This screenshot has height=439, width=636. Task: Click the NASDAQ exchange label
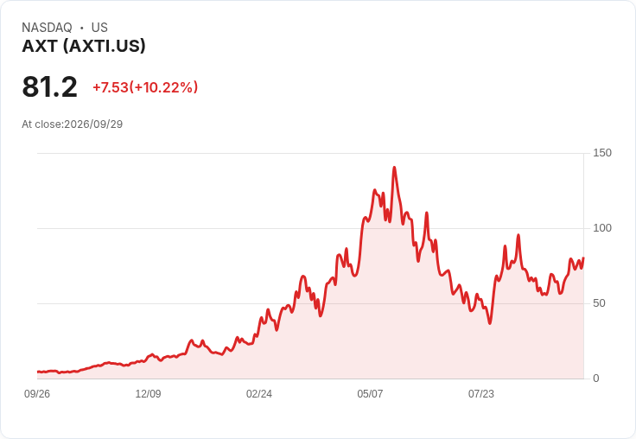click(x=47, y=28)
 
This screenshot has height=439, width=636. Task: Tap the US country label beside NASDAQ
click(x=99, y=28)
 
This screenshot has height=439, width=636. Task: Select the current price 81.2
click(x=49, y=86)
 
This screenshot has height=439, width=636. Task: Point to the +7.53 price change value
click(x=111, y=87)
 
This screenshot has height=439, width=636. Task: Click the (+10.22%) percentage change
click(x=163, y=87)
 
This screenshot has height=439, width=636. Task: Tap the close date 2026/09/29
click(x=93, y=124)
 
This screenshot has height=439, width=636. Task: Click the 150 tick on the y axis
click(x=602, y=153)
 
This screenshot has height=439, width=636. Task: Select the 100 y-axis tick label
click(x=602, y=228)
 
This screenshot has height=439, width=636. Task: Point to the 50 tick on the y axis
click(x=599, y=303)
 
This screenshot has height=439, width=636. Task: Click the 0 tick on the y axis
click(x=596, y=379)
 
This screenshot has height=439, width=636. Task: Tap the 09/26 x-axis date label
click(x=37, y=394)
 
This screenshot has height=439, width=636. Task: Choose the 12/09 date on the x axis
click(x=148, y=394)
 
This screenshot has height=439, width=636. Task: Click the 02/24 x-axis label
click(x=259, y=394)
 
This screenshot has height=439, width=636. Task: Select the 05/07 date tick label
click(x=370, y=394)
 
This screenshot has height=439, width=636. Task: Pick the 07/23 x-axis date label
click(x=481, y=394)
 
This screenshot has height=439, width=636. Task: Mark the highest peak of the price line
click(x=394, y=167)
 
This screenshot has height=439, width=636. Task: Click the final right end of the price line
click(x=583, y=258)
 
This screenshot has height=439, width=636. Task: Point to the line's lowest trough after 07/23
click(x=490, y=323)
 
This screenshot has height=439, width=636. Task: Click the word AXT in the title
click(x=40, y=47)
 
